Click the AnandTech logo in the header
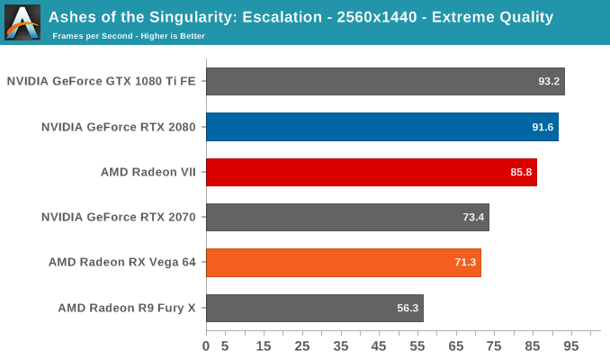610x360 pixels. (22, 22)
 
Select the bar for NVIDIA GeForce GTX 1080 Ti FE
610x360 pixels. (385, 81)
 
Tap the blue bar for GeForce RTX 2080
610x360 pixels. (381, 127)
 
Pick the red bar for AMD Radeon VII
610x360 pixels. (371, 172)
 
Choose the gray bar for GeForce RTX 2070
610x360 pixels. (347, 217)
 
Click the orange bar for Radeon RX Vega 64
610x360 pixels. (343, 263)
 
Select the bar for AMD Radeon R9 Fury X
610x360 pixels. (314, 308)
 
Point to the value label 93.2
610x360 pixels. (549, 81)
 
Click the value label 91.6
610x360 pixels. (543, 127)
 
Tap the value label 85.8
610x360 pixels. (521, 172)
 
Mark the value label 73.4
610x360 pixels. (473, 217)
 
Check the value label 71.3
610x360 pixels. (465, 263)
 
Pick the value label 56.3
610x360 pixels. (408, 308)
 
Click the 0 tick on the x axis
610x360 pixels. (206, 346)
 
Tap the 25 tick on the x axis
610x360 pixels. (302, 346)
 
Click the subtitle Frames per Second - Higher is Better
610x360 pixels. (129, 36)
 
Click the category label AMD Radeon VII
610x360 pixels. (148, 172)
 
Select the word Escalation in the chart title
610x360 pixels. (278, 17)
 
